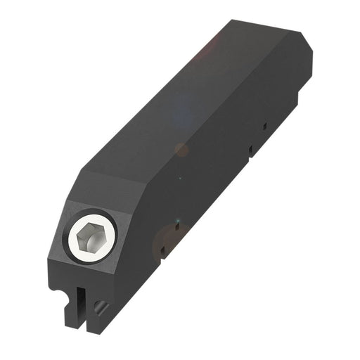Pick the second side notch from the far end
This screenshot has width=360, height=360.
(250, 150)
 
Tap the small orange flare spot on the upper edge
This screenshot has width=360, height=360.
(181, 149)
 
